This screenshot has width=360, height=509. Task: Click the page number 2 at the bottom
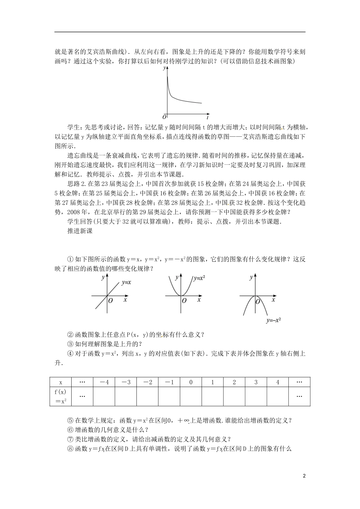click(x=304, y=476)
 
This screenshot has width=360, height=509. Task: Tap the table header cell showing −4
click(x=104, y=382)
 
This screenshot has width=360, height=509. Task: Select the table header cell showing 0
click(x=191, y=382)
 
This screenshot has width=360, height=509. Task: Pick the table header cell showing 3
click(x=256, y=382)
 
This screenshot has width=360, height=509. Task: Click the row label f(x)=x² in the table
click(x=60, y=396)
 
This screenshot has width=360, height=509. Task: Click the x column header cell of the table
click(x=60, y=382)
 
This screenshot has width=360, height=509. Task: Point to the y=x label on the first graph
click(x=126, y=282)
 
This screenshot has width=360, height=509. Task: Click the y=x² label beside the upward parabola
click(x=199, y=278)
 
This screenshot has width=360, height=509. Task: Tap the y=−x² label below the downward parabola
click(x=273, y=320)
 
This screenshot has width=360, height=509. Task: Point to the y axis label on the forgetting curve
click(x=164, y=68)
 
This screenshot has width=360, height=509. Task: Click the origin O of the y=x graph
click(x=110, y=301)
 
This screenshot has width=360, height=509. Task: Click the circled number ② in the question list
click(x=70, y=334)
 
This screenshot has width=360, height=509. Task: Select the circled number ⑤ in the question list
click(x=70, y=420)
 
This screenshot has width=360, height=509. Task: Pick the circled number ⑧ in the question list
click(x=70, y=449)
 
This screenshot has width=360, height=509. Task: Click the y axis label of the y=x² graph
click(x=177, y=278)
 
